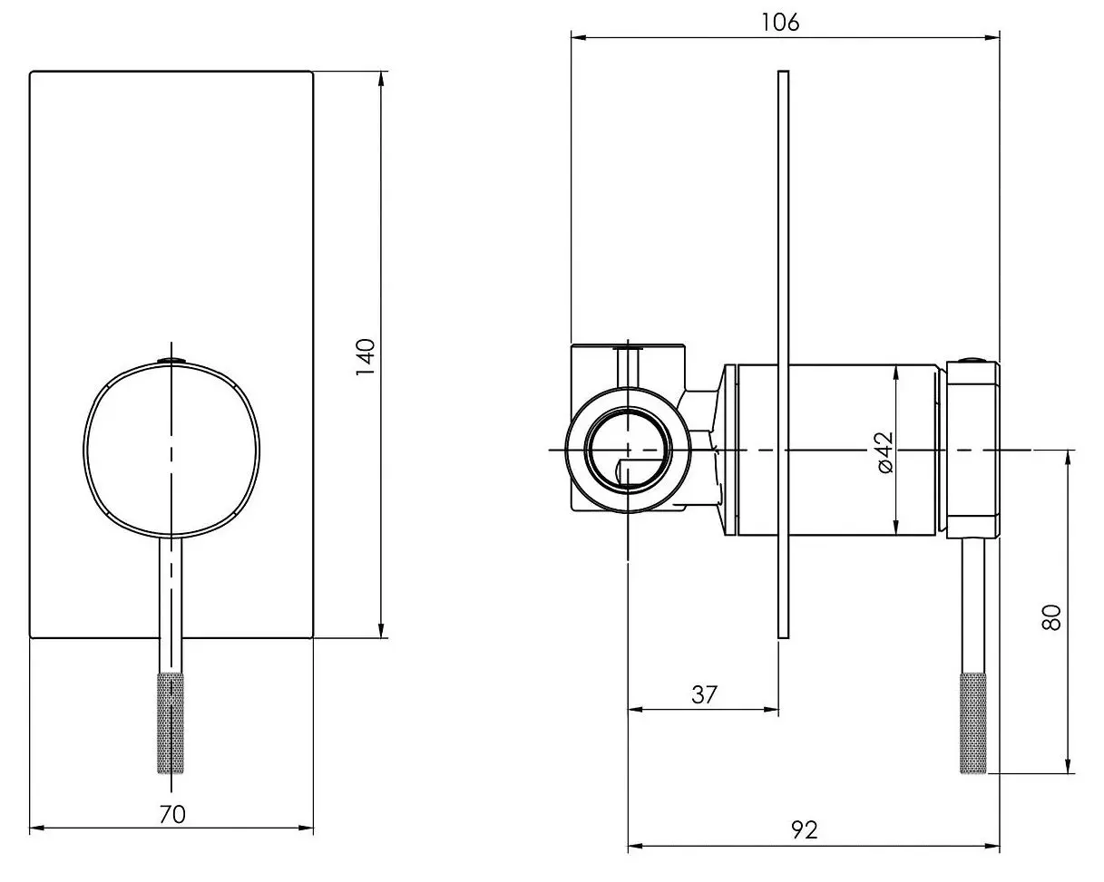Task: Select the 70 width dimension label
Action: pos(171,813)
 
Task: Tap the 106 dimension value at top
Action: pos(781,23)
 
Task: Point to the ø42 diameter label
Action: pos(884,451)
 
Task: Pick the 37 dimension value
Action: pos(704,694)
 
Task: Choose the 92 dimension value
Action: pos(804,829)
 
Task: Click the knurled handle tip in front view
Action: pos(171,722)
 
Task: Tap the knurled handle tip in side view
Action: pos(973,722)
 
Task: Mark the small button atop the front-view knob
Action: pos(171,360)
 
